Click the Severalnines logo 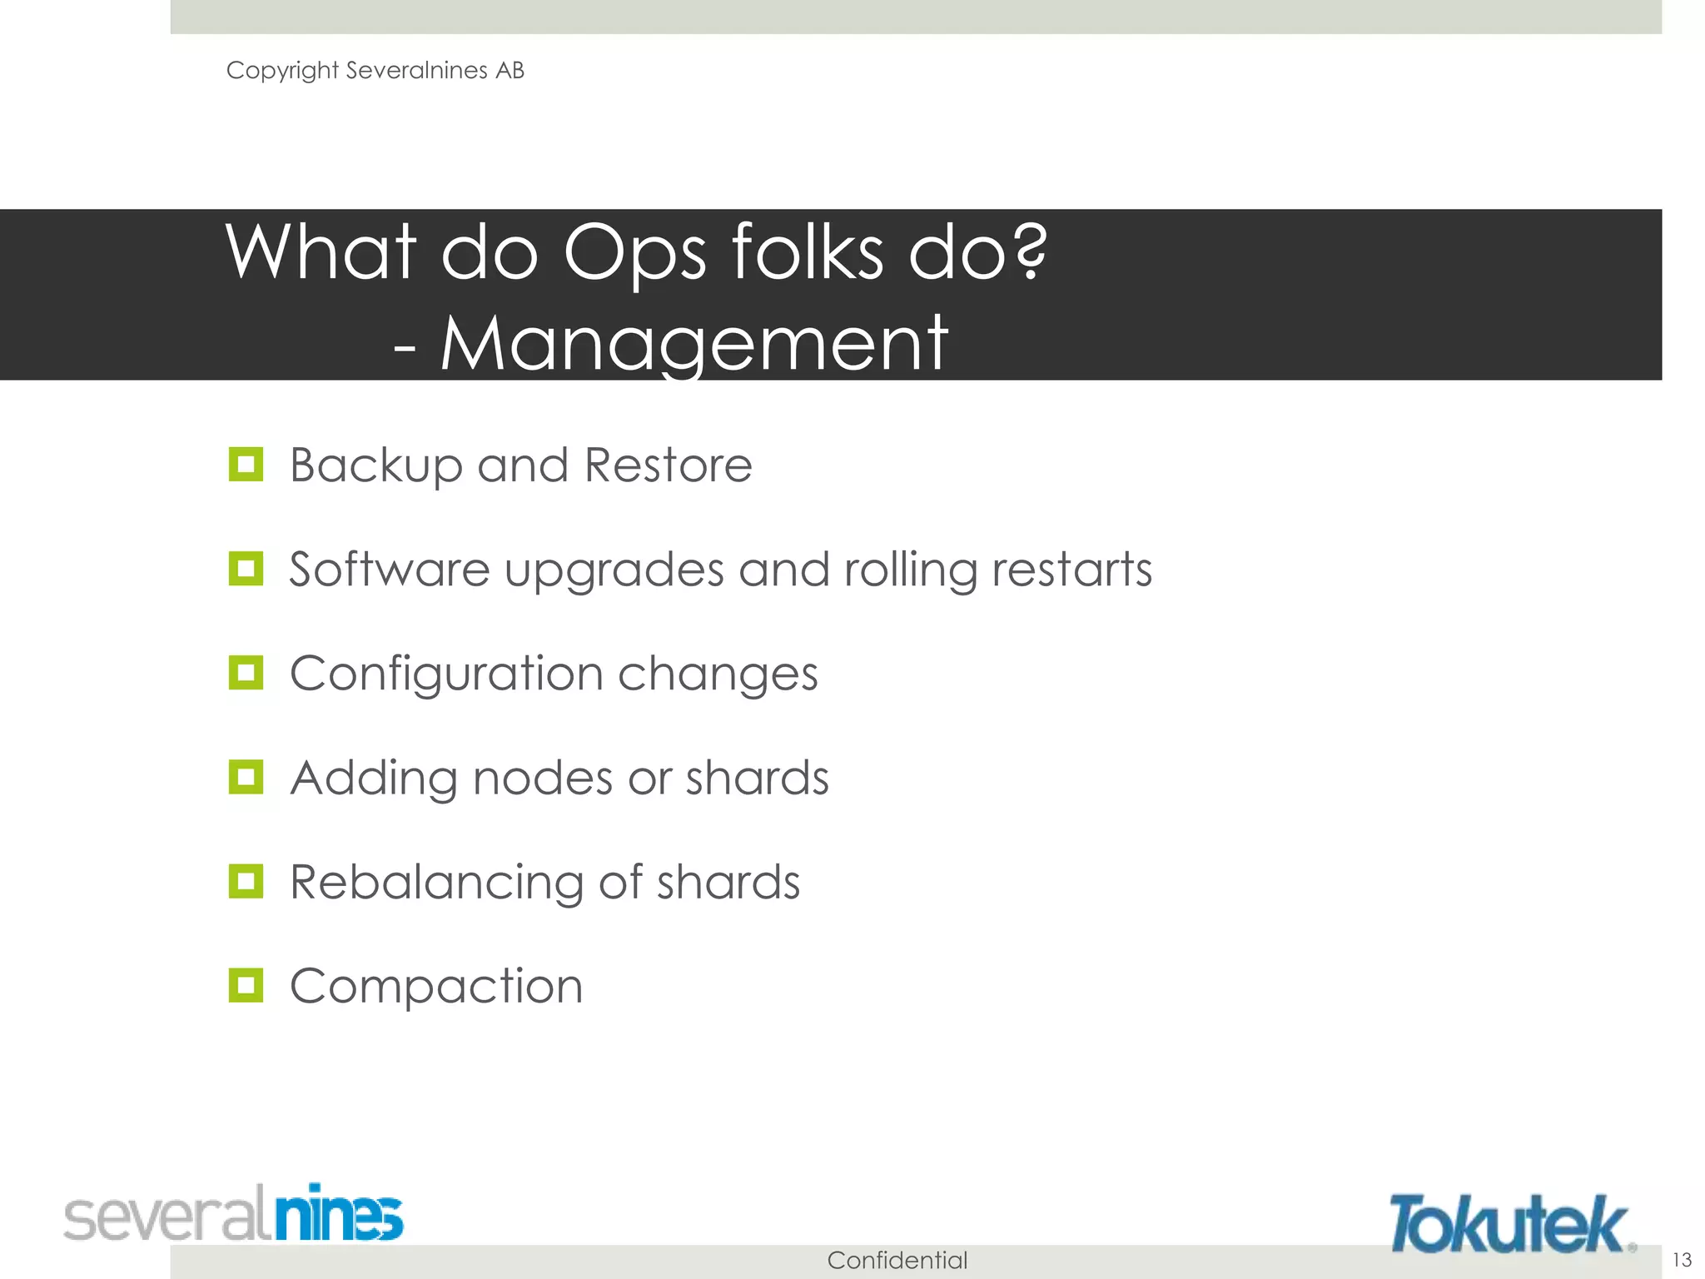[x=234, y=1213]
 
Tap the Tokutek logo [x=1510, y=1223]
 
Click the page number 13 [x=1682, y=1259]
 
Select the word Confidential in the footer [x=897, y=1260]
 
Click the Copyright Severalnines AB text [x=375, y=71]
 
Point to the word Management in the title [x=693, y=343]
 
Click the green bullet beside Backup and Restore [x=246, y=465]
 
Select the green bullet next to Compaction [x=246, y=985]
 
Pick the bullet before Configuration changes [x=246, y=673]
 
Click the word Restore [x=669, y=465]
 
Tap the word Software [x=389, y=570]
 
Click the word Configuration [x=446, y=673]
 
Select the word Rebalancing [x=436, y=883]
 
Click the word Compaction [x=436, y=987]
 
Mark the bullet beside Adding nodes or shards [x=246, y=777]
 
